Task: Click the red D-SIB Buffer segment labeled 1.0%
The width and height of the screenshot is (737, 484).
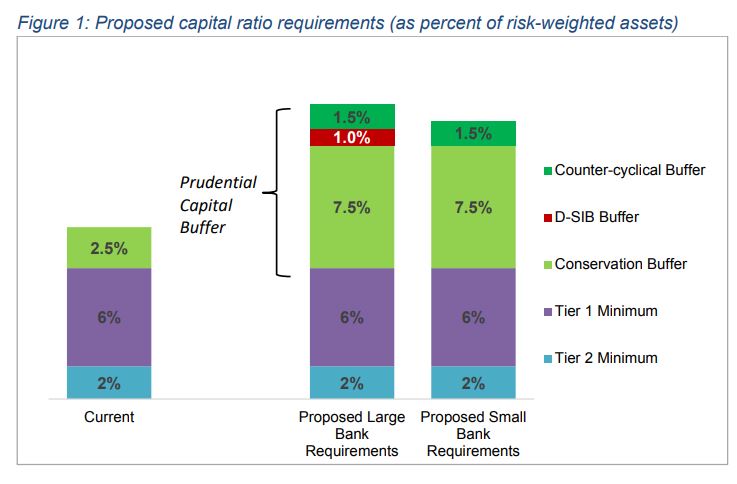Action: coord(352,138)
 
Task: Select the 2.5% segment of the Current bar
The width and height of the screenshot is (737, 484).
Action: coord(108,248)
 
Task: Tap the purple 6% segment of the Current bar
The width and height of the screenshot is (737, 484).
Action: coord(108,317)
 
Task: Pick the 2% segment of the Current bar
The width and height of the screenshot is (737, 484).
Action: coord(108,382)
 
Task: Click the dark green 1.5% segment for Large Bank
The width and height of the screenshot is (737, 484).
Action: coord(352,116)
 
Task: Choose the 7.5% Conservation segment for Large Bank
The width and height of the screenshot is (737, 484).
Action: coord(352,208)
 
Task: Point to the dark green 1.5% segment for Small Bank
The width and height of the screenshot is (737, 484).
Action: coord(473,134)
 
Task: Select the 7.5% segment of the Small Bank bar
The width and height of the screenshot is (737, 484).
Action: coord(473,208)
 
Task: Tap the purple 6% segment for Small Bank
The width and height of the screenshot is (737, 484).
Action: coord(473,317)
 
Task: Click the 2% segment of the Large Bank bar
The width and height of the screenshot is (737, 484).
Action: coord(352,382)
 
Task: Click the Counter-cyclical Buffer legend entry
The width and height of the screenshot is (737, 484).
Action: coord(622,170)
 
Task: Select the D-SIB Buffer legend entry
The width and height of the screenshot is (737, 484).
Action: coord(589,217)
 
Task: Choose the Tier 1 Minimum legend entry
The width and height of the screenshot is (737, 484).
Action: coord(598,311)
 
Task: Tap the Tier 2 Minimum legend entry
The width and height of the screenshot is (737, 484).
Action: coord(598,358)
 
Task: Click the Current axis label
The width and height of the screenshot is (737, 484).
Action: coord(108,417)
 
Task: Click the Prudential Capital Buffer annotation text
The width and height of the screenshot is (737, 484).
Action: coord(217,206)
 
